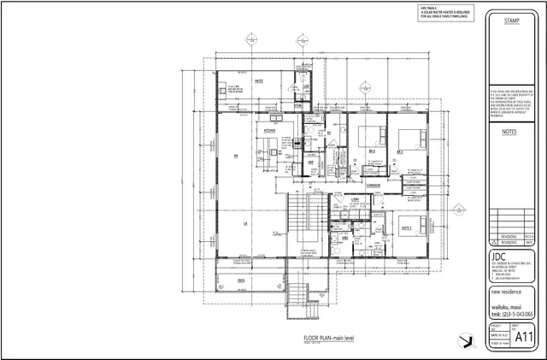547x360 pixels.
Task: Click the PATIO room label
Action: [x=257, y=80]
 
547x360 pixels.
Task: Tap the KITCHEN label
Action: [x=268, y=131]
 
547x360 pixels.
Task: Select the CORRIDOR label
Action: [x=372, y=185]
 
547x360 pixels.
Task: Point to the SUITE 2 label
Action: [x=407, y=228]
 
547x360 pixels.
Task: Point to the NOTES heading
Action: [x=511, y=133]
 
